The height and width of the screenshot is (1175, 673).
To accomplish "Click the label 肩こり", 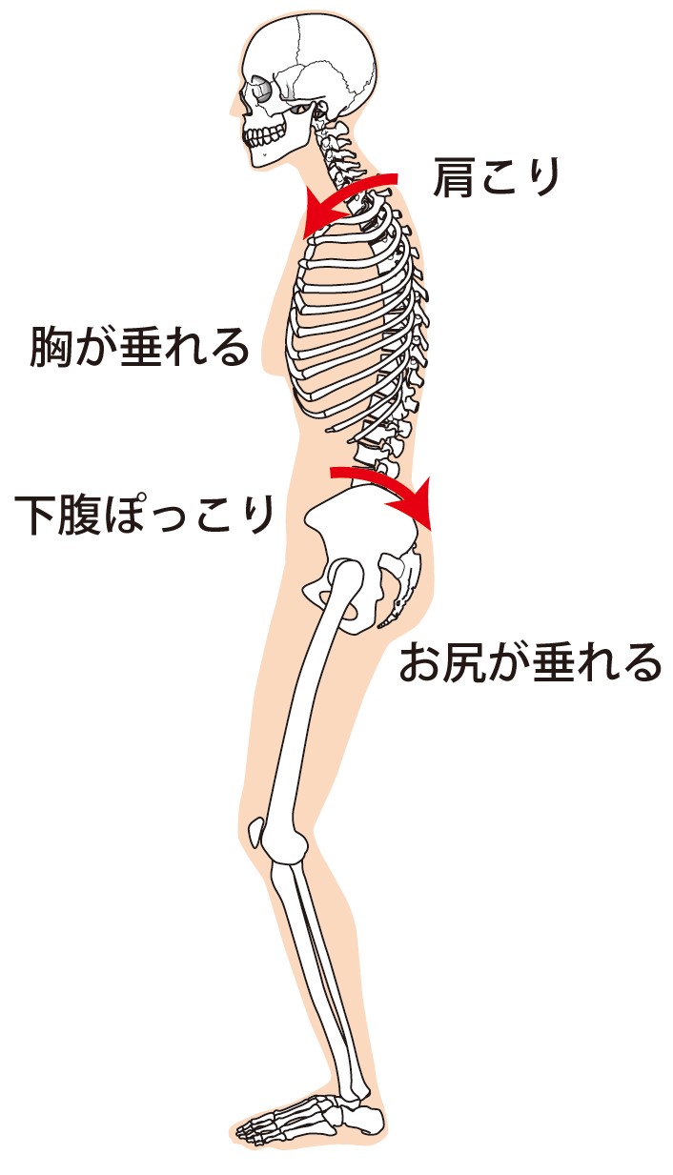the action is click(496, 178).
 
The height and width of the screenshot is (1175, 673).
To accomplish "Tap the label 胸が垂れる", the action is click(139, 346).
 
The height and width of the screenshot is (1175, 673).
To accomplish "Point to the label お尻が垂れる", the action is click(530, 662).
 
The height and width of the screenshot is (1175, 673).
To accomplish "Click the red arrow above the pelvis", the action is click(385, 481).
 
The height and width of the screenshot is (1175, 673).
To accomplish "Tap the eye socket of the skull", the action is click(260, 91).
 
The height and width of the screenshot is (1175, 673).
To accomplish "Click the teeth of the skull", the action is click(262, 136).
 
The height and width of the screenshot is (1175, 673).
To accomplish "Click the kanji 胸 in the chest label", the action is click(51, 346).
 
